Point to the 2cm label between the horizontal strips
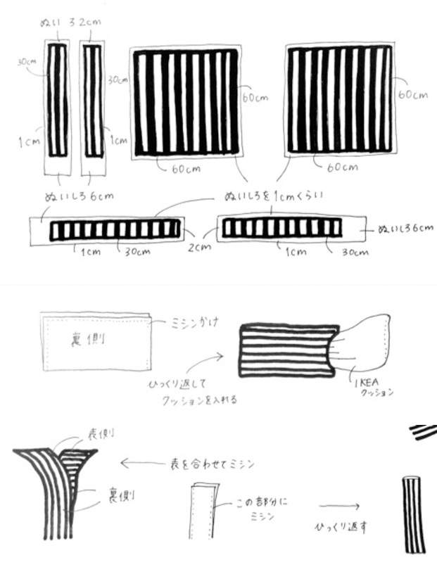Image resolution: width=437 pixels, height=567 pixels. click(x=199, y=247)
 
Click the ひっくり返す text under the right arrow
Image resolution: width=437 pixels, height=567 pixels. click(x=341, y=525)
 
